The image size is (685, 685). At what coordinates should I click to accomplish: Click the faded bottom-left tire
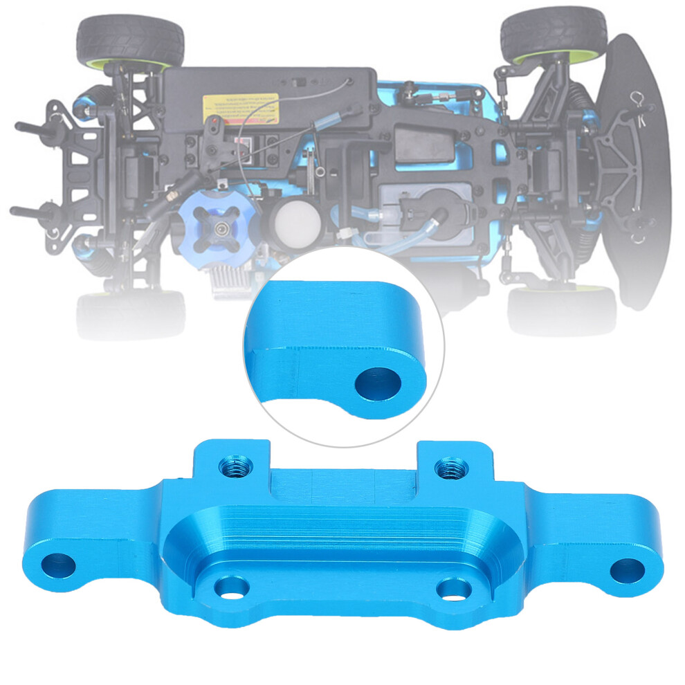point(131,314)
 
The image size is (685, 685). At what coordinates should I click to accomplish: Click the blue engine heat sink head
point(218,229)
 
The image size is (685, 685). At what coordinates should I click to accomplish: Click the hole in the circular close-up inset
point(379,383)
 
